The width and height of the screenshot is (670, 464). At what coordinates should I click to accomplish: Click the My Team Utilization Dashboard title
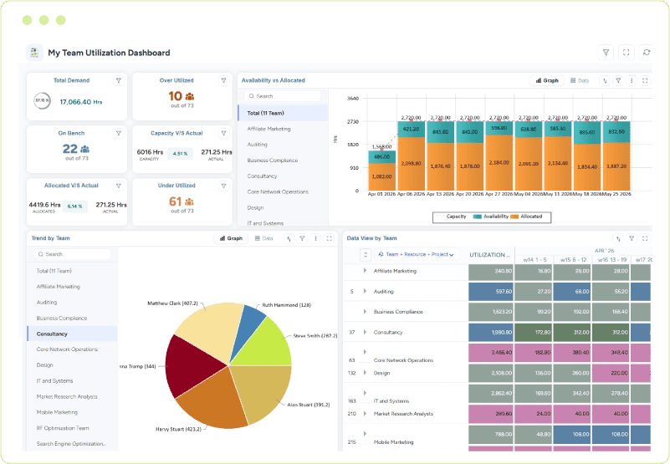(x=109, y=53)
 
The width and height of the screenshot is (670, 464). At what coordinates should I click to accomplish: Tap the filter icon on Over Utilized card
(x=223, y=80)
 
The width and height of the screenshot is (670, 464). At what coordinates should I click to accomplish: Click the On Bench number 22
(x=70, y=149)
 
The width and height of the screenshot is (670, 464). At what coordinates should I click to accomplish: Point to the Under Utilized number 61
(x=176, y=201)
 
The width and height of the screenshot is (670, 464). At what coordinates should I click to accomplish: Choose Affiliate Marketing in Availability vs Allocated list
(x=269, y=129)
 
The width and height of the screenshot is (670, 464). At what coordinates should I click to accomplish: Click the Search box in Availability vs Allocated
(x=283, y=96)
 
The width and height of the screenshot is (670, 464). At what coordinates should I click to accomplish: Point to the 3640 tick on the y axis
(x=353, y=98)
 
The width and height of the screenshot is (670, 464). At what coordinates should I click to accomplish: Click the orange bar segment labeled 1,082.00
(x=381, y=177)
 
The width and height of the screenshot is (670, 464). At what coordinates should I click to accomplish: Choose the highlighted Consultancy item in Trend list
(x=72, y=333)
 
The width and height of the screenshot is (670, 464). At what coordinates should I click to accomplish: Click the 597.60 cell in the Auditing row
(x=489, y=291)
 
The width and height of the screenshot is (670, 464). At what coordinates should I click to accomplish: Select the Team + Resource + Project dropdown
(x=418, y=254)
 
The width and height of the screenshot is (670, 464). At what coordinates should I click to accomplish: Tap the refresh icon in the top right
(x=646, y=52)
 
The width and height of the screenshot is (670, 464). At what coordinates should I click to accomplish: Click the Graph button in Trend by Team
(x=231, y=238)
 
